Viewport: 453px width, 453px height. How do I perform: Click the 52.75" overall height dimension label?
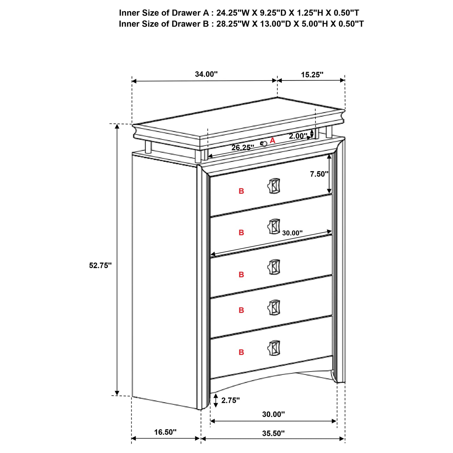(x=100, y=265)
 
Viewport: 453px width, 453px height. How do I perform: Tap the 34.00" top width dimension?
(x=206, y=74)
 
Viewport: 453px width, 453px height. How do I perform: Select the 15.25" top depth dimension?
(x=312, y=75)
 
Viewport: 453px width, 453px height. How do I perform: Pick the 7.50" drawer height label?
(x=319, y=174)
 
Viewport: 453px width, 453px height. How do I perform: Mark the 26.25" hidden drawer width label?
(x=243, y=147)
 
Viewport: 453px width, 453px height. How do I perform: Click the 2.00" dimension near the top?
(x=298, y=136)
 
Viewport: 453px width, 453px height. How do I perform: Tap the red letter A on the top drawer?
(x=272, y=140)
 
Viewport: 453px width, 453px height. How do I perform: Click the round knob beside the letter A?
(x=264, y=143)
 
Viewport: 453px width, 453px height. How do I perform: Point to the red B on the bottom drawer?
(x=241, y=352)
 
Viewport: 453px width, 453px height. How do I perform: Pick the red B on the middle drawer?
(x=241, y=275)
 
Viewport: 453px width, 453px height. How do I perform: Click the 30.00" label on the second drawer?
(x=292, y=233)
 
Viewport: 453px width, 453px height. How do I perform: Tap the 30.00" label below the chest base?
(x=273, y=414)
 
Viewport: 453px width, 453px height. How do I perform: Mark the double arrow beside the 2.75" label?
(x=216, y=400)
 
